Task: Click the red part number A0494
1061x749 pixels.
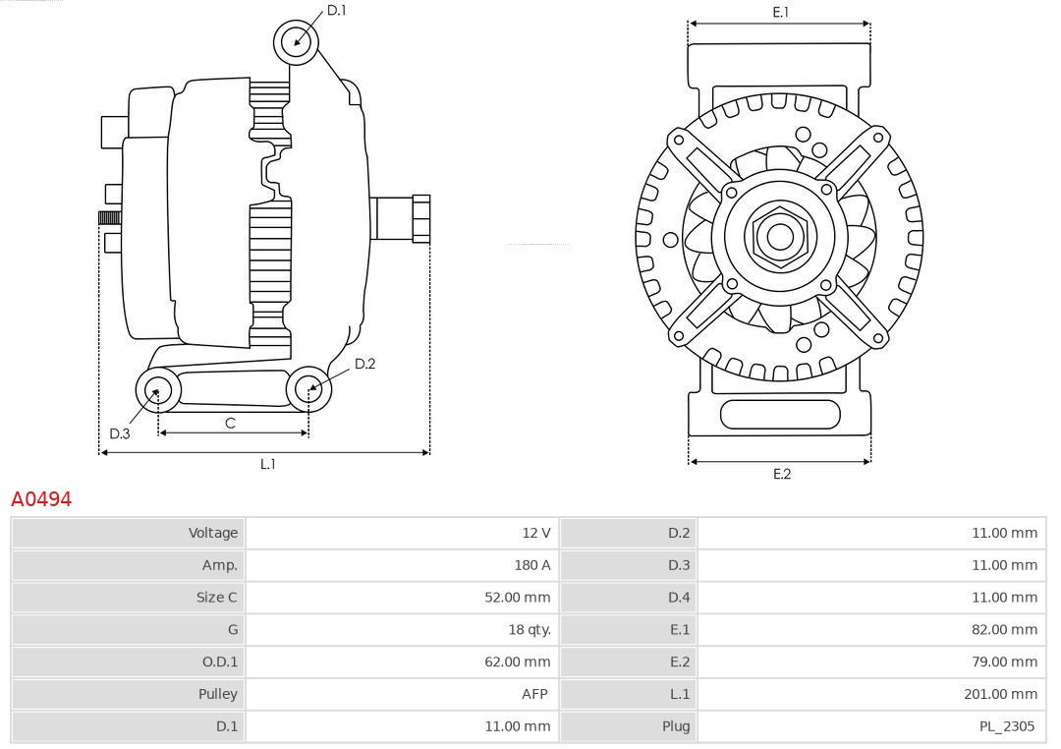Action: tap(41, 499)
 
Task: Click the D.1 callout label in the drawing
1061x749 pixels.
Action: tap(337, 10)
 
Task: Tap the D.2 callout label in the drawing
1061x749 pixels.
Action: tap(364, 364)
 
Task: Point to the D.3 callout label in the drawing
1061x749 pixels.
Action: tap(120, 433)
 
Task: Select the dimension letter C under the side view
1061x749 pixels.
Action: tap(230, 423)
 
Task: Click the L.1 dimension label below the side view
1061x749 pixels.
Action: tap(267, 464)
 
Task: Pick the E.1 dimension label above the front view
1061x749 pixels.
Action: tap(781, 12)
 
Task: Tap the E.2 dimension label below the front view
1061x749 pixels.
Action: tap(781, 474)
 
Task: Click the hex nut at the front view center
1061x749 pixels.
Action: tap(780, 236)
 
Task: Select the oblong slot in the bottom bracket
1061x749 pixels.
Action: tap(780, 414)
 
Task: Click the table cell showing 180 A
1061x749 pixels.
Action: tap(531, 565)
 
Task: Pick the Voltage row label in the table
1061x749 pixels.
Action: tap(213, 533)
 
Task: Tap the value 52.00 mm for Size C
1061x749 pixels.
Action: tap(518, 598)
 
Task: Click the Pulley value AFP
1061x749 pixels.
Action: tap(534, 694)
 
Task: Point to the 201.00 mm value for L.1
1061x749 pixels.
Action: tap(1000, 694)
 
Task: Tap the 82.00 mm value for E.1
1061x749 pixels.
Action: tap(1004, 630)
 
